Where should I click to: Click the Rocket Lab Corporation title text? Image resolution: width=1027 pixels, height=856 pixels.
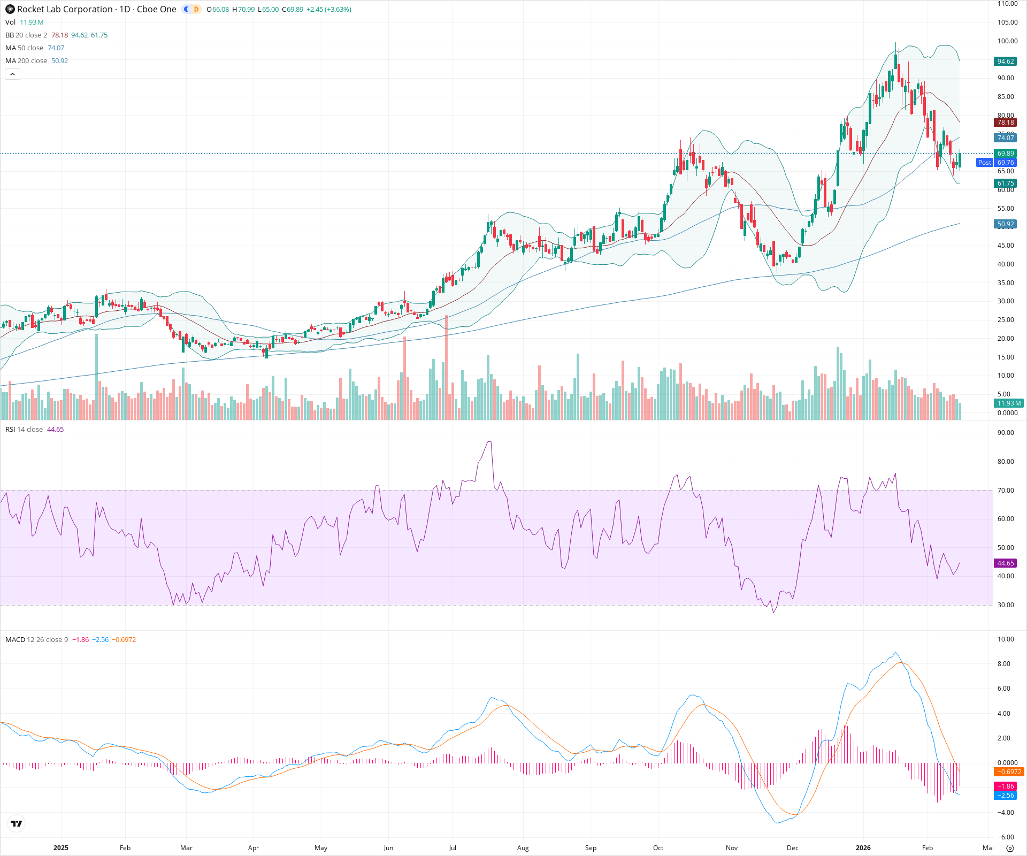point(65,9)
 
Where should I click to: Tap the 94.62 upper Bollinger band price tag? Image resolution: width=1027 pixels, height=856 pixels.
point(1006,62)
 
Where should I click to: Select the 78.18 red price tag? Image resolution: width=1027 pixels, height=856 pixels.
point(1006,123)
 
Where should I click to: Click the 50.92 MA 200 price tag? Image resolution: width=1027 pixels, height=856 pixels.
point(1006,224)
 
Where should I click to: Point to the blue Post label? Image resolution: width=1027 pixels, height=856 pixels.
point(984,163)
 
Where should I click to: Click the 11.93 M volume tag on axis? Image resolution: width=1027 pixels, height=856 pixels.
point(1008,403)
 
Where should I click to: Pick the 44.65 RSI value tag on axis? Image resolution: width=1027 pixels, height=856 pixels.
point(1006,563)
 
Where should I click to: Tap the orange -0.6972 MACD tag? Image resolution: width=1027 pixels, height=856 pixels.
point(1008,772)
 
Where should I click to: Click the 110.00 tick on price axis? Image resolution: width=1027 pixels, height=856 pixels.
point(1007,4)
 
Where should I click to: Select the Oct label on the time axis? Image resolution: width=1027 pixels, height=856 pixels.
point(658,848)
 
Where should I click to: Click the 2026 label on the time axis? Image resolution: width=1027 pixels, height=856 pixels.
point(863,848)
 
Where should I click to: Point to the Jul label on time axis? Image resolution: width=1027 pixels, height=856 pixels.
point(453,848)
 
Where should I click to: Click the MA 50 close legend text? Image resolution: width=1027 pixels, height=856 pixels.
point(25,48)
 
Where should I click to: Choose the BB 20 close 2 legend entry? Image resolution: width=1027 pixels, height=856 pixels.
point(26,35)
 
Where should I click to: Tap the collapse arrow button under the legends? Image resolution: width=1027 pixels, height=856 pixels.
point(13,74)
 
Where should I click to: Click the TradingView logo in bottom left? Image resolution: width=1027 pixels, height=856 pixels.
point(17,823)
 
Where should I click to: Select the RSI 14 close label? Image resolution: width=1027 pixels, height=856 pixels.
point(24,430)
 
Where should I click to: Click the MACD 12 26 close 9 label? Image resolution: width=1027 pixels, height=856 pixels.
point(36,640)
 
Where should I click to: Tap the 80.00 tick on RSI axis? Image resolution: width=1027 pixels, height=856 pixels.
point(1006,462)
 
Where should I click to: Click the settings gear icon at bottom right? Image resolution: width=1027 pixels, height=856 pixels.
point(1010,848)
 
